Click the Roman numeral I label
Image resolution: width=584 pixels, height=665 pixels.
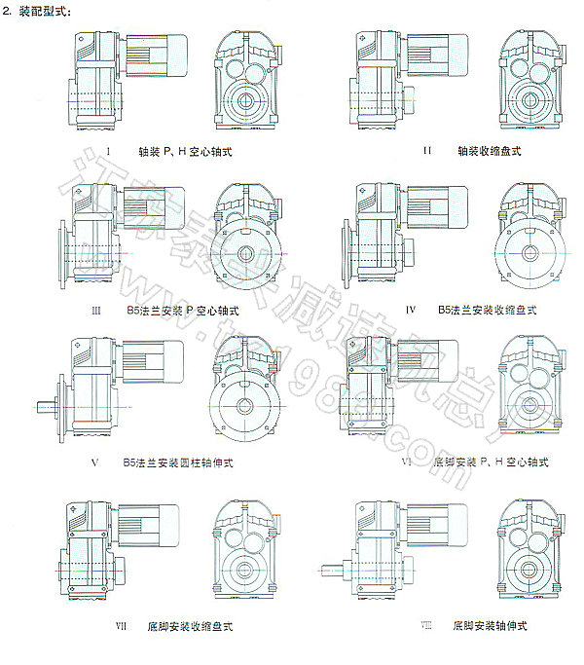pyautogui.click(x=111, y=151)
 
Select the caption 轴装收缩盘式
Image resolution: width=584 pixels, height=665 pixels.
pyautogui.click(x=490, y=151)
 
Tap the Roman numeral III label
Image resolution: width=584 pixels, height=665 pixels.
pyautogui.click(x=96, y=310)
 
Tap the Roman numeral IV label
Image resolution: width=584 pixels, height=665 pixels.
pyautogui.click(x=411, y=310)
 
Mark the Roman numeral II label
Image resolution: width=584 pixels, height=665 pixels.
pyautogui.click(x=426, y=151)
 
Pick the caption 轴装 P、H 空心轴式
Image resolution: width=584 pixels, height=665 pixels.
pyautogui.click(x=185, y=151)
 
